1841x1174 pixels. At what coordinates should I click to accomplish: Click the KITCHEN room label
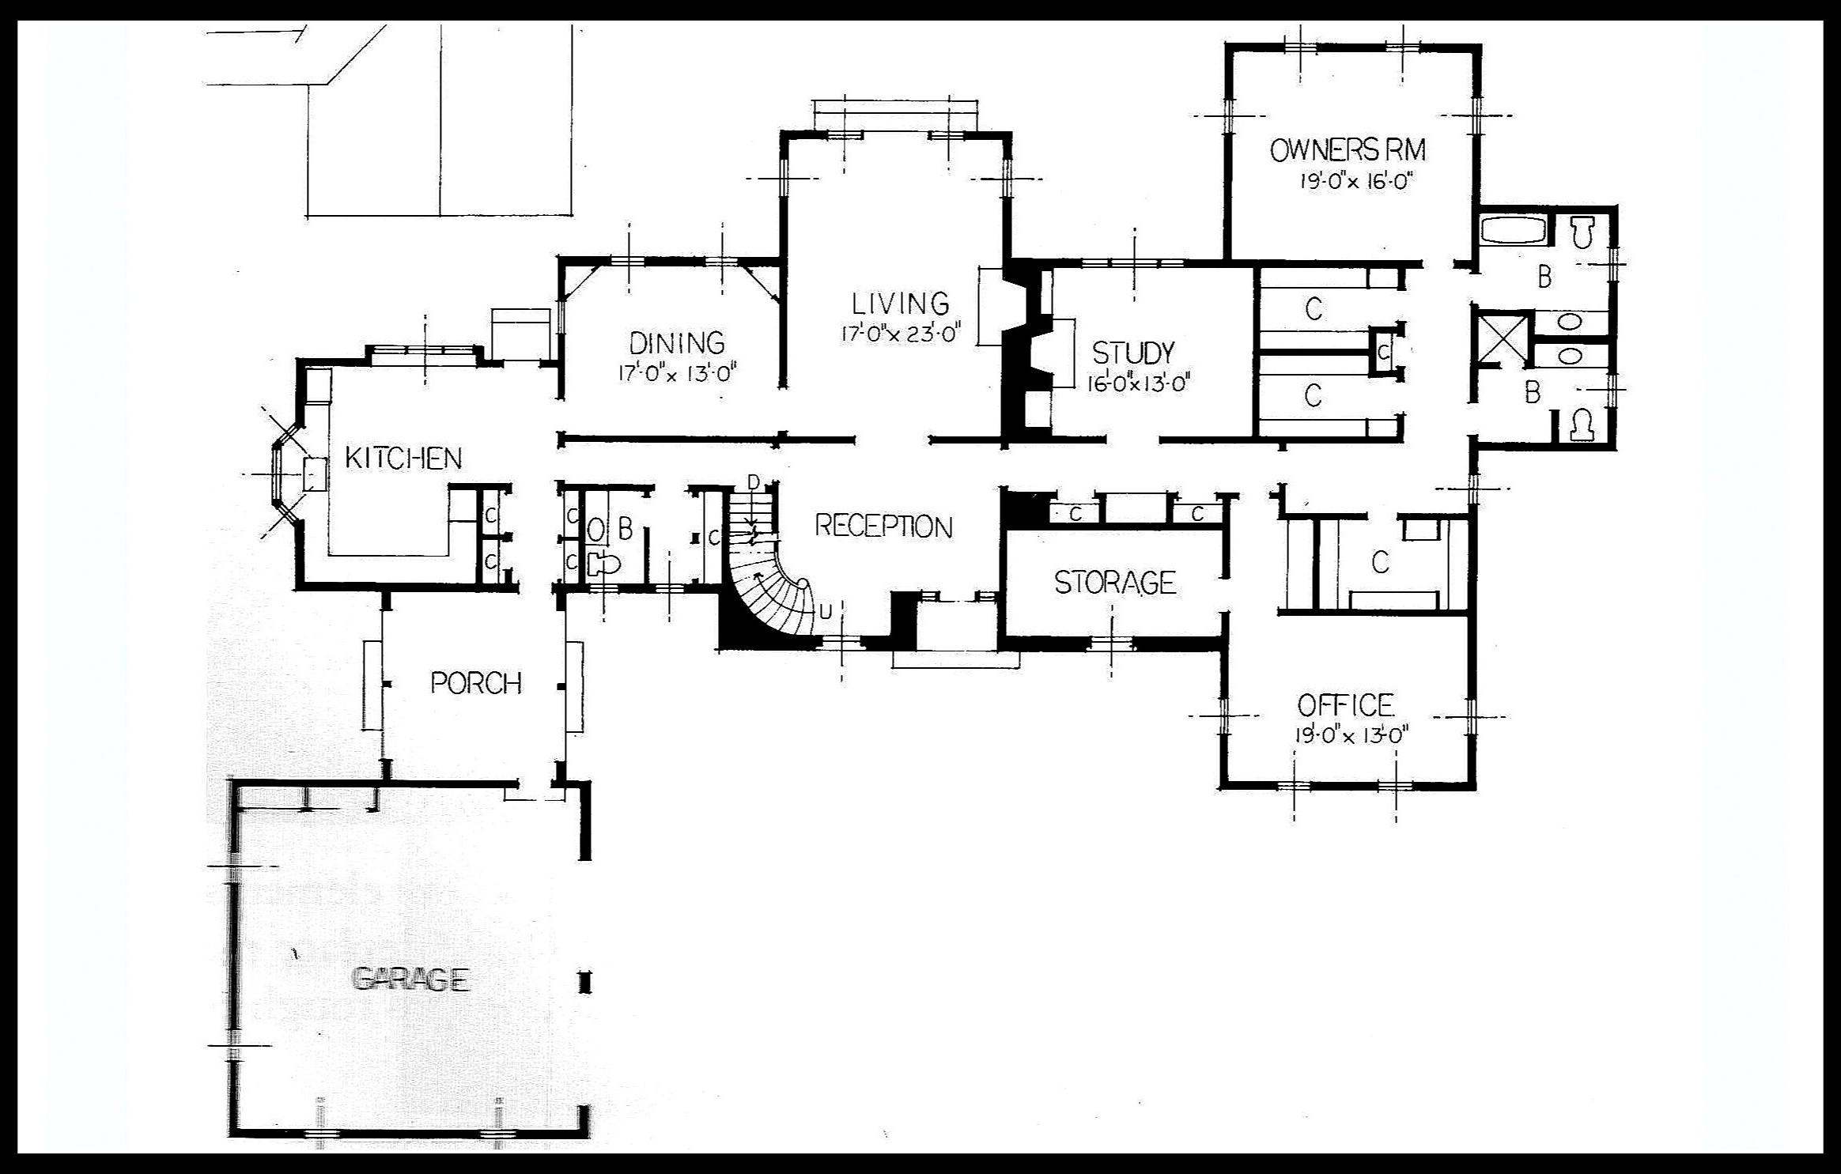pos(403,458)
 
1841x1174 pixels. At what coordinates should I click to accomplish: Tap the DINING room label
pos(677,343)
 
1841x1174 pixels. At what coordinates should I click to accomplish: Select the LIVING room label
pos(900,304)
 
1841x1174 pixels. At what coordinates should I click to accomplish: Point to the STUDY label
pos(1132,353)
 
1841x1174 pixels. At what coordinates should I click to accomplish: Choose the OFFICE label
pos(1345,705)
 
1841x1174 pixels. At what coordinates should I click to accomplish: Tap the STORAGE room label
pos(1115,583)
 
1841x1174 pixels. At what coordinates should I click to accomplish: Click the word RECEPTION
pos(883,527)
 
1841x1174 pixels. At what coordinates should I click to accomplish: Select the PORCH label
pos(476,683)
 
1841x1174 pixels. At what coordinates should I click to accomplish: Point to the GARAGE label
pos(410,980)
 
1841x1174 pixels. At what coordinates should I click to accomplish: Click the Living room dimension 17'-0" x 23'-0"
pos(900,334)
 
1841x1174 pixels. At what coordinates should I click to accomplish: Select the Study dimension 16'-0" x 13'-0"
pos(1139,383)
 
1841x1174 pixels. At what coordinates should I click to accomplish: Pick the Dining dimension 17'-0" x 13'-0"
pos(678,372)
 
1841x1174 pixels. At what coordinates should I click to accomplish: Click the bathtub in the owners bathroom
pos(1513,230)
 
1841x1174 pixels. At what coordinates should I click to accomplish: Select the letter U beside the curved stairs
pos(826,612)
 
